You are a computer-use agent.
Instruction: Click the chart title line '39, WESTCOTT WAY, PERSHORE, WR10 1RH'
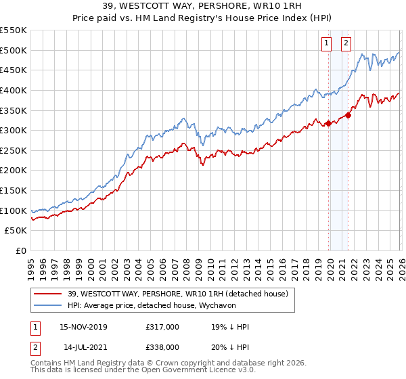(x=203, y=7)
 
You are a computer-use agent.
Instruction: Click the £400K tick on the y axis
(x=13, y=90)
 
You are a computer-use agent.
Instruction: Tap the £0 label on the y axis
(x=20, y=251)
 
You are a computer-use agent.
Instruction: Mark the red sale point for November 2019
(x=328, y=123)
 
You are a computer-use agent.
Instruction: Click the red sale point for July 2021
(x=348, y=115)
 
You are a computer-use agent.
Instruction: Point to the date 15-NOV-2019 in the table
(x=83, y=327)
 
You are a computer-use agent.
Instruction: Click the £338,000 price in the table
(x=162, y=347)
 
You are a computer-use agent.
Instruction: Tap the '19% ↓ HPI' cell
(x=231, y=327)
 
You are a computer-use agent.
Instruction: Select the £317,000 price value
(x=162, y=327)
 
